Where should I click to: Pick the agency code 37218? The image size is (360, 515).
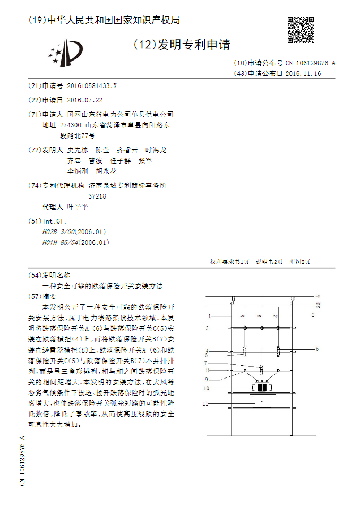point(97,196)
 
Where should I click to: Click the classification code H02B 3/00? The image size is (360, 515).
point(58,232)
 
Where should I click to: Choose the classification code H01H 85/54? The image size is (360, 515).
point(60,242)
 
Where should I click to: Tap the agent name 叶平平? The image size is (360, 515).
point(78,207)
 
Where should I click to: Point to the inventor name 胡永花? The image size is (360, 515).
point(106,171)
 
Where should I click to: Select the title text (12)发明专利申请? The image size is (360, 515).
point(181,45)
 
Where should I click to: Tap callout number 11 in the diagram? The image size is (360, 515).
point(209,404)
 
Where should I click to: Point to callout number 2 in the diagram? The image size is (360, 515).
point(313,315)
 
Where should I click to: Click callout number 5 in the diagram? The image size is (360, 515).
point(316,349)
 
